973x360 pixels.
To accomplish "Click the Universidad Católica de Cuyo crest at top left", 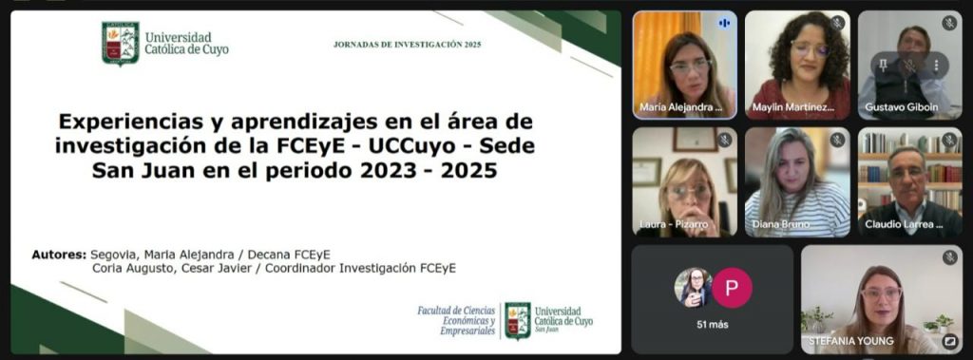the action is point(121,43).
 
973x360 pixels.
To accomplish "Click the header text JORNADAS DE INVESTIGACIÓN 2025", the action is point(407,45).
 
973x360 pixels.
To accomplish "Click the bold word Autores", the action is point(59,255).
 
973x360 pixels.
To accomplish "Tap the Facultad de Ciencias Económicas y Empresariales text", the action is point(457,320).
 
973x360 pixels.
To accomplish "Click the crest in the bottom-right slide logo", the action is point(518,320).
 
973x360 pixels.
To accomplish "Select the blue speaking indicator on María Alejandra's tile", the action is point(724,24).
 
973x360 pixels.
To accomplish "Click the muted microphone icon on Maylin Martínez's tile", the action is point(838,24).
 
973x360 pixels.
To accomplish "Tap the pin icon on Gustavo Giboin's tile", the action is point(884,66).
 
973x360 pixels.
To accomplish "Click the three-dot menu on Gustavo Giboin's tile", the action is point(936,66).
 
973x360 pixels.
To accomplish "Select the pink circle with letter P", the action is point(733,288).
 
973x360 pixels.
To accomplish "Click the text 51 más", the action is point(713,325).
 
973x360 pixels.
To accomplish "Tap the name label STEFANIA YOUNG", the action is point(850,341).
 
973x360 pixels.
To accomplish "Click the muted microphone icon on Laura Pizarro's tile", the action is point(724,141).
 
